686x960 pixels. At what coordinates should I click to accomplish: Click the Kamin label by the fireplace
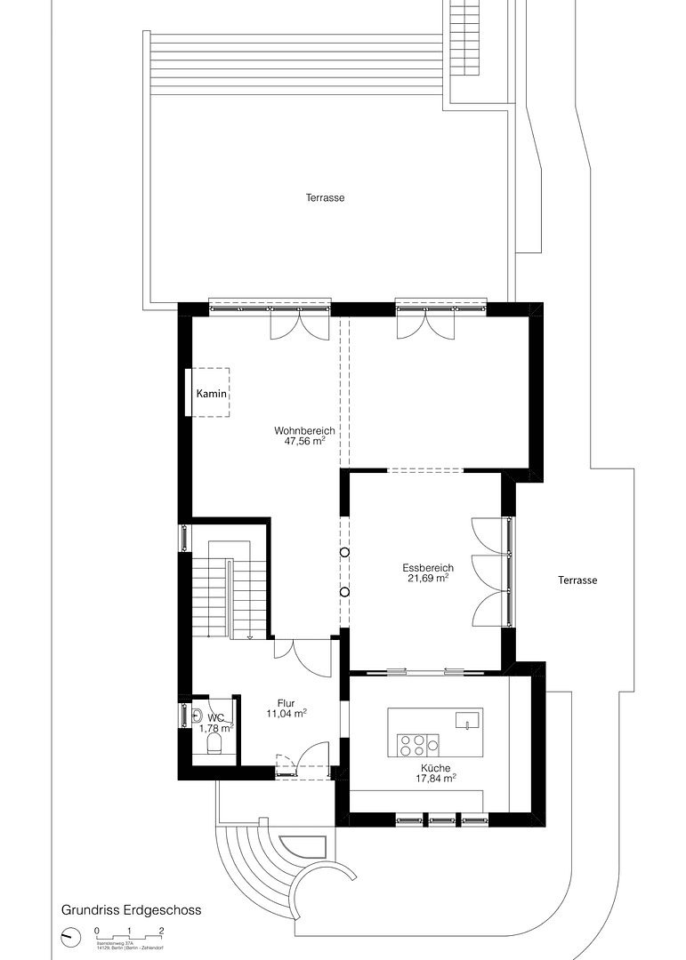click(212, 393)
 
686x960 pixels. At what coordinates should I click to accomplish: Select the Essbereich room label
click(428, 568)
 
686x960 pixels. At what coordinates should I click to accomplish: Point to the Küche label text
click(436, 767)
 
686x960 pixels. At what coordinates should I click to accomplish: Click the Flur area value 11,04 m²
click(287, 713)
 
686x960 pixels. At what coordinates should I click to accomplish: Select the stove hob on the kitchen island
click(418, 744)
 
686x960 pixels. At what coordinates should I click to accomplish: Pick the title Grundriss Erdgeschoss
click(131, 910)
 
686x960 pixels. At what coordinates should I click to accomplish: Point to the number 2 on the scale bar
click(161, 930)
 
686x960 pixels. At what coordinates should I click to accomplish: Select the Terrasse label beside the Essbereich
click(577, 580)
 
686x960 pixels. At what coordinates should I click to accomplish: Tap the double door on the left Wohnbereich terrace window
click(300, 326)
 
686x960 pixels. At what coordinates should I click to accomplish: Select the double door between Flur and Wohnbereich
click(303, 658)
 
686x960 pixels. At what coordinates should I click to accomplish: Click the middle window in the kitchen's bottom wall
click(441, 819)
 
